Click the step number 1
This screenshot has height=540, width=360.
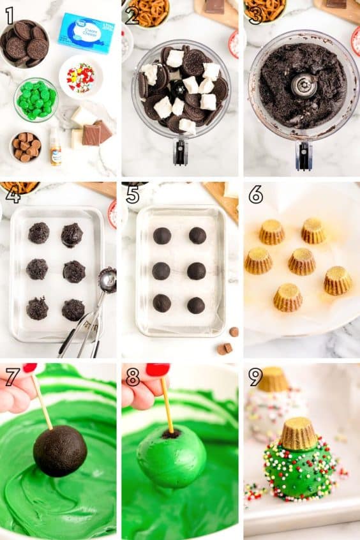[9, 15]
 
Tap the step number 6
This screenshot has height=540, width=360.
[256, 195]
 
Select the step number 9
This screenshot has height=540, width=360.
[256, 377]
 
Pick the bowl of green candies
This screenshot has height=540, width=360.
[36, 99]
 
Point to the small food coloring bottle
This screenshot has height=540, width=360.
[56, 147]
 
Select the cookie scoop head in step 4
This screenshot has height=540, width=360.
[107, 280]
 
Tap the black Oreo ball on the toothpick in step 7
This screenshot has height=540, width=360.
[60, 451]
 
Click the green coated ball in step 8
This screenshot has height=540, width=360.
[171, 456]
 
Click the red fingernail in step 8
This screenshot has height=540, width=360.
[156, 369]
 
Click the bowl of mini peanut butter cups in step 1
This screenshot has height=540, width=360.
[26, 147]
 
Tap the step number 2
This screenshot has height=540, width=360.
[132, 15]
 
